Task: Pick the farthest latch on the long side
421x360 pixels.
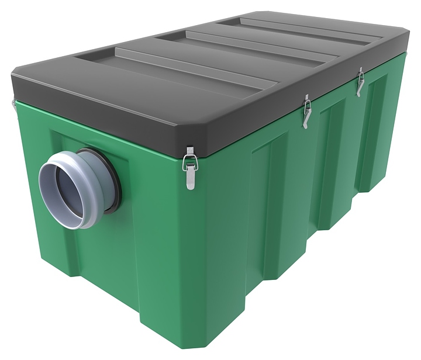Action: click(x=361, y=82)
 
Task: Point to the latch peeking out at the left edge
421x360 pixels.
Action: click(x=13, y=104)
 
